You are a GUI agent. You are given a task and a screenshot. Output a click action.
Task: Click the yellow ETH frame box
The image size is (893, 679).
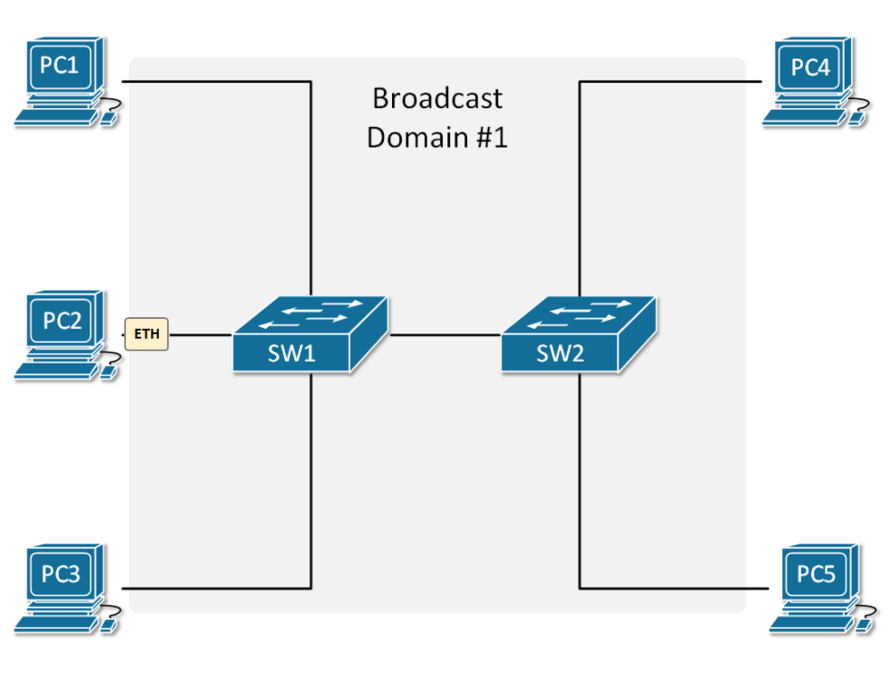tap(146, 335)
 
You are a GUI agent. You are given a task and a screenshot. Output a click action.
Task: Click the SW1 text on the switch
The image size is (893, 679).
tap(292, 353)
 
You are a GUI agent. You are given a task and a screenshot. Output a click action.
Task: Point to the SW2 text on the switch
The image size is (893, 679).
tap(560, 353)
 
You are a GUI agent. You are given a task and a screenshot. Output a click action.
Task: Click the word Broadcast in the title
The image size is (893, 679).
tap(437, 97)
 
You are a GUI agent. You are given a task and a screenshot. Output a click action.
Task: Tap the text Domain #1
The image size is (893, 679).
tap(437, 138)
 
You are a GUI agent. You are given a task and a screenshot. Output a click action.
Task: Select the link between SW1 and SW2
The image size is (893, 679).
tap(444, 335)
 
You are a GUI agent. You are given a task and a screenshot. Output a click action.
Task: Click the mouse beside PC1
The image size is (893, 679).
tap(110, 119)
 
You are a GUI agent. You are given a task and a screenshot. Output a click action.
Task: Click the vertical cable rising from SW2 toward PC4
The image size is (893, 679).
tap(580, 188)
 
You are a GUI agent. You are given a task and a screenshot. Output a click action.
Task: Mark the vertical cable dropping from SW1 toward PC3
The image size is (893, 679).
tap(311, 482)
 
